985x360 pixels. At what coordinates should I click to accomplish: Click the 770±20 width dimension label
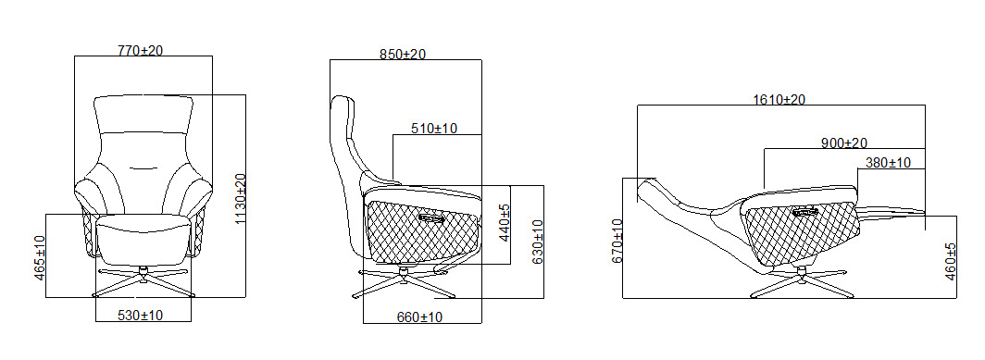coord(140,50)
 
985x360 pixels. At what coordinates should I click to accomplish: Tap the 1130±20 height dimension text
coord(240,198)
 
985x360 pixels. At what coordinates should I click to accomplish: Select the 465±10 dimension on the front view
coord(40,257)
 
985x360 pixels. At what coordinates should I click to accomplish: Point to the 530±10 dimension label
coord(140,316)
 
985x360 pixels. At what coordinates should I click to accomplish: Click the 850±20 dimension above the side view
coord(403,55)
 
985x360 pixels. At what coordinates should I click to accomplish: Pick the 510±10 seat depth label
coord(434,129)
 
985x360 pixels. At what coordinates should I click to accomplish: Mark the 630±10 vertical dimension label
coord(538,242)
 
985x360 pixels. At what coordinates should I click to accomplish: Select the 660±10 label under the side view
coord(419,317)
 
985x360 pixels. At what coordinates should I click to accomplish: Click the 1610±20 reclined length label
coord(779,99)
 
